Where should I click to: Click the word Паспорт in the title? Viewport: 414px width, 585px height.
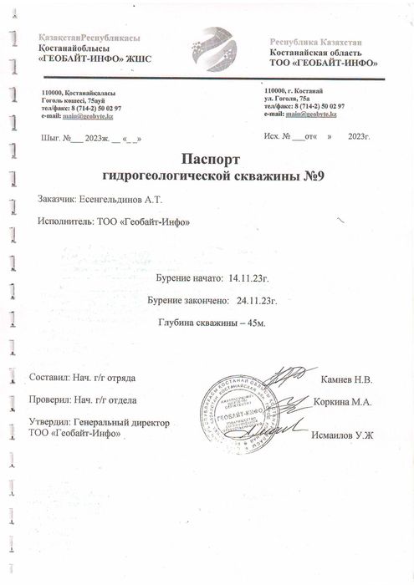pyautogui.click(x=210, y=158)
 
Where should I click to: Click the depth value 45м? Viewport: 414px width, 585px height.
pyautogui.click(x=251, y=321)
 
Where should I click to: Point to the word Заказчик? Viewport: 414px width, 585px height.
pyautogui.click(x=55, y=201)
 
